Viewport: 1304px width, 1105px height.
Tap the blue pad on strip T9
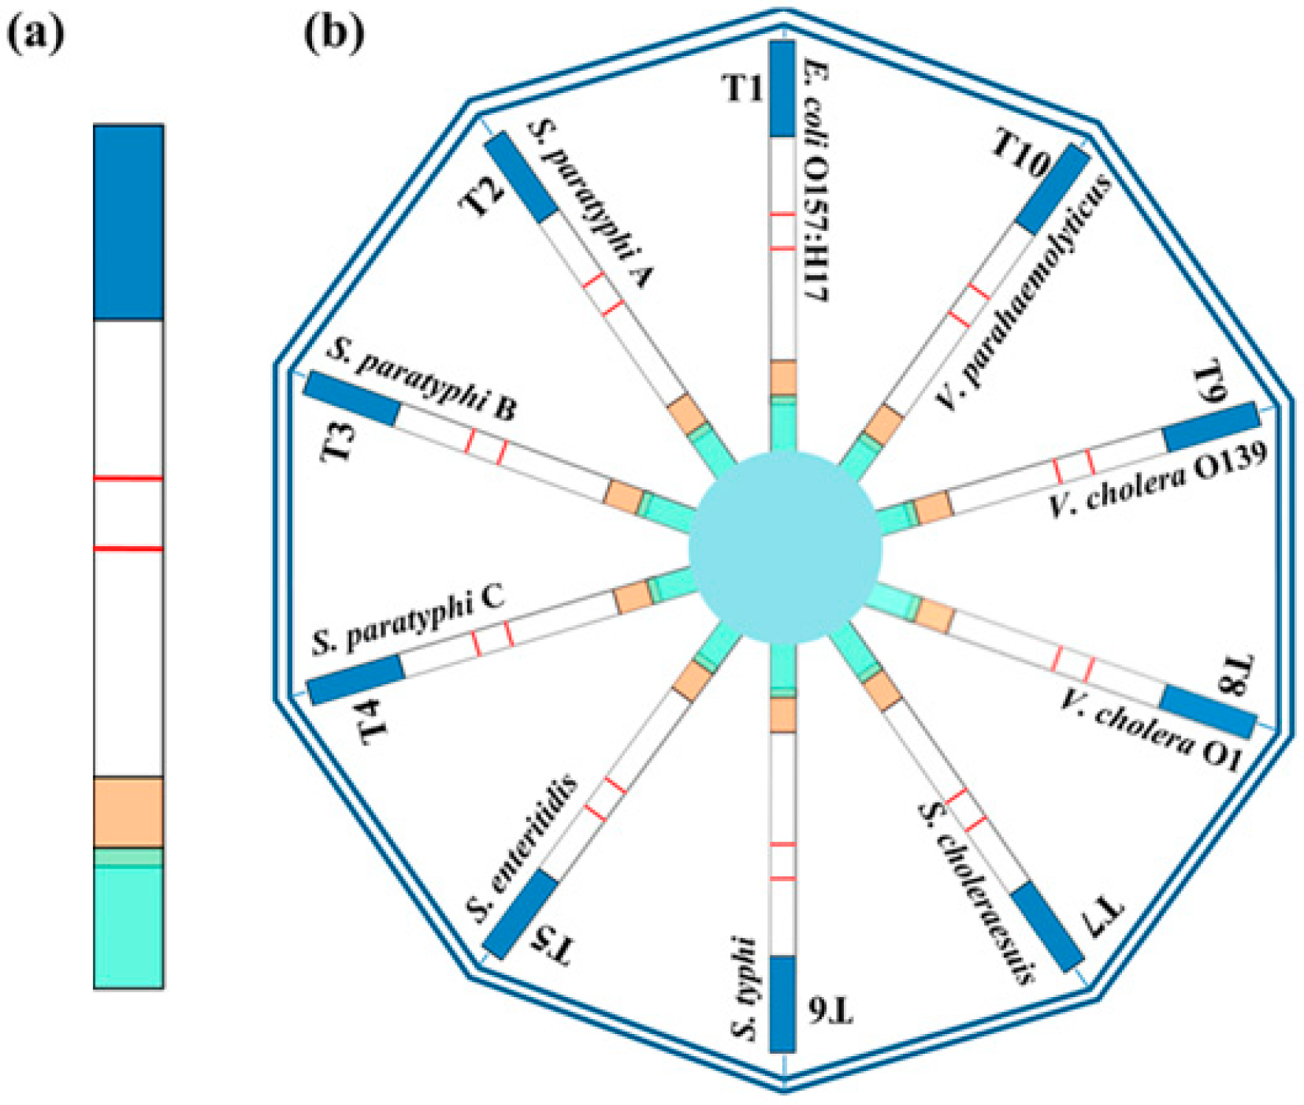click(x=1210, y=427)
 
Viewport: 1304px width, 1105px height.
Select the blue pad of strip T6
click(x=782, y=1003)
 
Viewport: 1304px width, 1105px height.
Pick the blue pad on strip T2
click(x=521, y=177)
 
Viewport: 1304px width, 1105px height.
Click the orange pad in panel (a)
click(x=128, y=812)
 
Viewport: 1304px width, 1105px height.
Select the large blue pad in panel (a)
click(x=128, y=221)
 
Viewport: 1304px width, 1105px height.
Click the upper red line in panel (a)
click(x=128, y=478)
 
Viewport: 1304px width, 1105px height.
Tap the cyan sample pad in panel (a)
click(x=128, y=926)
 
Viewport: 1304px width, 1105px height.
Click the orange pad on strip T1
click(x=782, y=378)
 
